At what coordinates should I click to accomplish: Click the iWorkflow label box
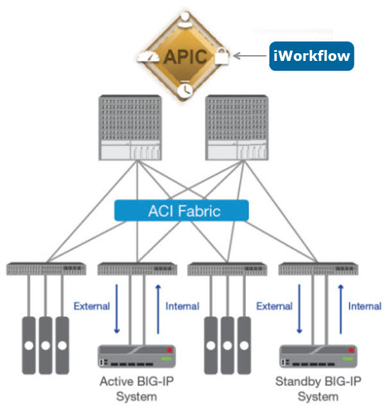coord(311,56)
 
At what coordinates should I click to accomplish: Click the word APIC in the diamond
coord(185,56)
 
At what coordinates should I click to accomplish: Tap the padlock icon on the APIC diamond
coord(221,56)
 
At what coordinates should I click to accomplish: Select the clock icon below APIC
coord(185,88)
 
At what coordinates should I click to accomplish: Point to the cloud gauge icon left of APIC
coord(152,56)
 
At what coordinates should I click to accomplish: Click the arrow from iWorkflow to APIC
coord(250,56)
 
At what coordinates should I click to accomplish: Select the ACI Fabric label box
coord(182,210)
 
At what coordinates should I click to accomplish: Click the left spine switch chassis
coord(128,128)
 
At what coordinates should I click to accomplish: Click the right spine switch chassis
coord(234,128)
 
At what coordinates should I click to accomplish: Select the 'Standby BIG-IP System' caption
coord(318,389)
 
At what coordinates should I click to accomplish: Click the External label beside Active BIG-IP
coord(92,306)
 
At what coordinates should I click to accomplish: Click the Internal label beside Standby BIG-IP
coord(364,306)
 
